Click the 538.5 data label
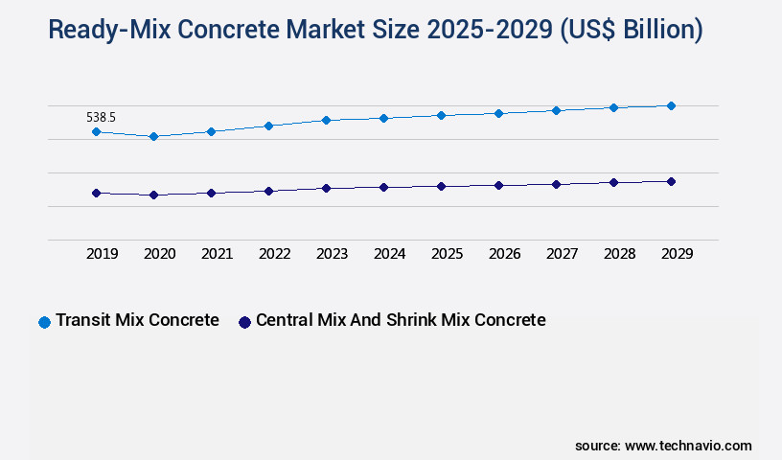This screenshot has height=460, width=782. click(101, 117)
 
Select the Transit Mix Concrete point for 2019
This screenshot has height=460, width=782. click(96, 131)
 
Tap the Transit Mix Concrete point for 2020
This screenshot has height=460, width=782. click(153, 136)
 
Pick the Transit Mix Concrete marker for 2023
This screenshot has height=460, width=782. click(326, 120)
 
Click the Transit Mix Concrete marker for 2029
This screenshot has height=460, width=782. click(671, 105)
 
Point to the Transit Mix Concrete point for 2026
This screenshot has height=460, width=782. click(498, 113)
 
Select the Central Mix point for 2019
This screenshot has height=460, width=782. click(96, 193)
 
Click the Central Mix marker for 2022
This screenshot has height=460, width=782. click(268, 191)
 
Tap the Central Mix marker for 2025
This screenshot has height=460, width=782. click(441, 186)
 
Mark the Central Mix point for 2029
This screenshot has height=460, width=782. click(671, 181)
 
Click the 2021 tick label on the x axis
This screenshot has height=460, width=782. click(217, 254)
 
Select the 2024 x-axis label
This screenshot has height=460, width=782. click(389, 254)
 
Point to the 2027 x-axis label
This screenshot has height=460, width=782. click(562, 254)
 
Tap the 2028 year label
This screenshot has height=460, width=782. click(619, 254)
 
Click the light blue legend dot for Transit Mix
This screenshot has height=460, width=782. click(44, 322)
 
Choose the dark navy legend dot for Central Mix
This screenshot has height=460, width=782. click(244, 322)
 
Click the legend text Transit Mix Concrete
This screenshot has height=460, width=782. click(137, 320)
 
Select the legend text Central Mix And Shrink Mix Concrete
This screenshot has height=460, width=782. click(401, 320)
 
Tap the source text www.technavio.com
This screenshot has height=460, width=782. click(688, 446)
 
